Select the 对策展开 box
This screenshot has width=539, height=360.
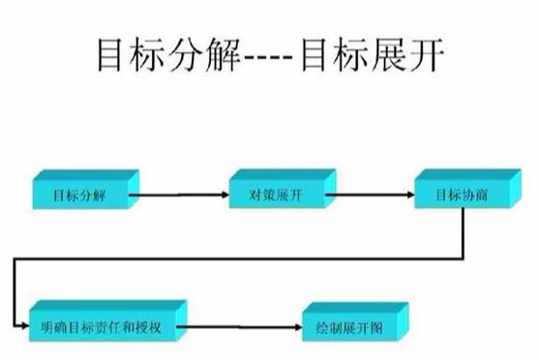278,195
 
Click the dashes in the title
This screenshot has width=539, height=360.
269,59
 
